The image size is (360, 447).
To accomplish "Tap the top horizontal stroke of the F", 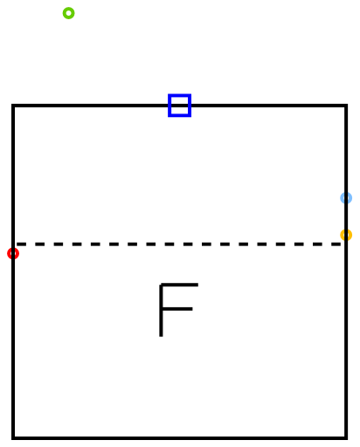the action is (179, 285).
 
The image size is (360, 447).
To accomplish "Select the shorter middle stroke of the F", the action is (177, 309).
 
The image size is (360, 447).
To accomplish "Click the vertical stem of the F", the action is (161, 310).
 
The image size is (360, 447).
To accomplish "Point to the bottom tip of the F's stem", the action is (161, 336).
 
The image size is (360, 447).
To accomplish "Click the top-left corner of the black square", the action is (13, 106).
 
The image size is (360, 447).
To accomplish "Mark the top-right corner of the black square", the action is (346, 106).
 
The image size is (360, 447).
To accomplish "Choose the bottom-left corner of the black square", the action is (13, 438).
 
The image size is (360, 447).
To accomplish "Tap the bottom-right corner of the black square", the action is (346, 438).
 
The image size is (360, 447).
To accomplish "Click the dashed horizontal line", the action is (179, 244).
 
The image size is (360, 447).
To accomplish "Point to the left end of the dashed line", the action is (16, 244).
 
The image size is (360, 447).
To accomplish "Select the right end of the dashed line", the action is (343, 244).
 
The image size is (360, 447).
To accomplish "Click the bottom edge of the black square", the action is (179, 438).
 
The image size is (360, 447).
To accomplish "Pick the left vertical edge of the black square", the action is (13, 272).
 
